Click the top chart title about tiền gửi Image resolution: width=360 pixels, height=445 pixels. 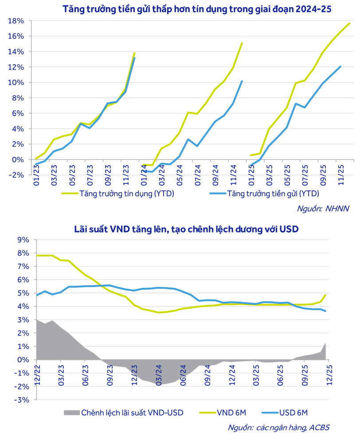point(197,8)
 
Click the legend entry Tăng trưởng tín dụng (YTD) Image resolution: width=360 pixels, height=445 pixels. point(126,193)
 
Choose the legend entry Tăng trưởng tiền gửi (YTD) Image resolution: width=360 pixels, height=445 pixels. point(273,193)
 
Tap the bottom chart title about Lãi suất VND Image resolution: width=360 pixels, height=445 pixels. point(186,229)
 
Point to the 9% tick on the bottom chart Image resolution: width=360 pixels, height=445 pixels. point(23,240)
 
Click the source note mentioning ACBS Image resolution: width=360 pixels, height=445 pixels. point(278,428)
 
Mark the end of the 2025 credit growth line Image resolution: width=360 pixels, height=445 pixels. point(350,23)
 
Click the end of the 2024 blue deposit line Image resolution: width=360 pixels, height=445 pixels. point(242,81)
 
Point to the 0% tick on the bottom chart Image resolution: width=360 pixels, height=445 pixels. point(23,360)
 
